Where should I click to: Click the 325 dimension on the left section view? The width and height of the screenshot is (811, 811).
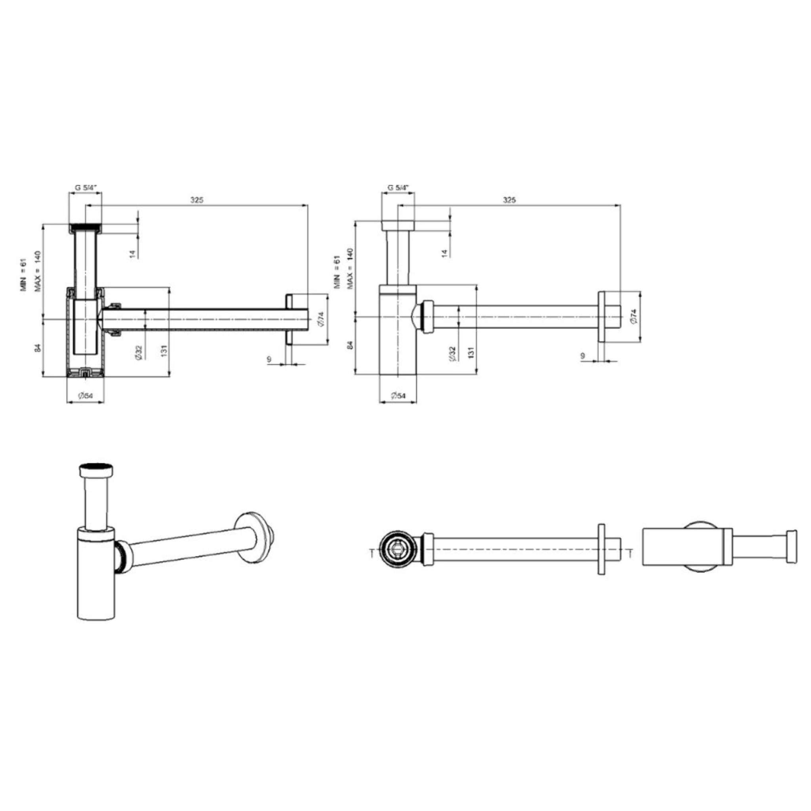click(196, 200)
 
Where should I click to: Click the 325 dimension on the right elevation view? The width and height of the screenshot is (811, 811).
click(509, 200)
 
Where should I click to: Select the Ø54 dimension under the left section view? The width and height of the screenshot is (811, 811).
click(85, 396)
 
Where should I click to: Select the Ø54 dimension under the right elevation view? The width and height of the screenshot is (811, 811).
click(398, 396)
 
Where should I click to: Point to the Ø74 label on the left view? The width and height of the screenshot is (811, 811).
click(322, 319)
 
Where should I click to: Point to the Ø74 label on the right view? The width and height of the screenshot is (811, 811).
click(634, 316)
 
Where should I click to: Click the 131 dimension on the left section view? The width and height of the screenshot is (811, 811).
click(164, 349)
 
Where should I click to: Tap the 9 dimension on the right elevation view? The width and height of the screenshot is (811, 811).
click(583, 356)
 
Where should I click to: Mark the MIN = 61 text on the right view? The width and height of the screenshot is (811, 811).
click(336, 273)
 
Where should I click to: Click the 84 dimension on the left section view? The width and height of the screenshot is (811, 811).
click(37, 348)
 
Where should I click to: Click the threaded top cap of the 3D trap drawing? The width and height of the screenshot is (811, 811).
click(96, 470)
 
